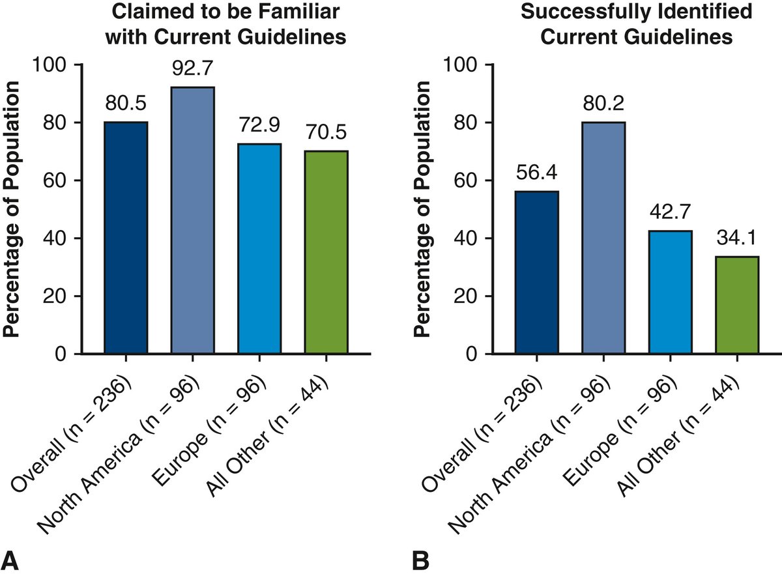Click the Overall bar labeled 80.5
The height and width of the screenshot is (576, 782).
(126, 238)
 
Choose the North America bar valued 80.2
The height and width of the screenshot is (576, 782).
(603, 238)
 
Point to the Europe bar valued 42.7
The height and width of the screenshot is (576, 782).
(670, 293)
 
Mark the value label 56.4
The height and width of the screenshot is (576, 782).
(536, 175)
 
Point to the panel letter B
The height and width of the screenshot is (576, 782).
(420, 558)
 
